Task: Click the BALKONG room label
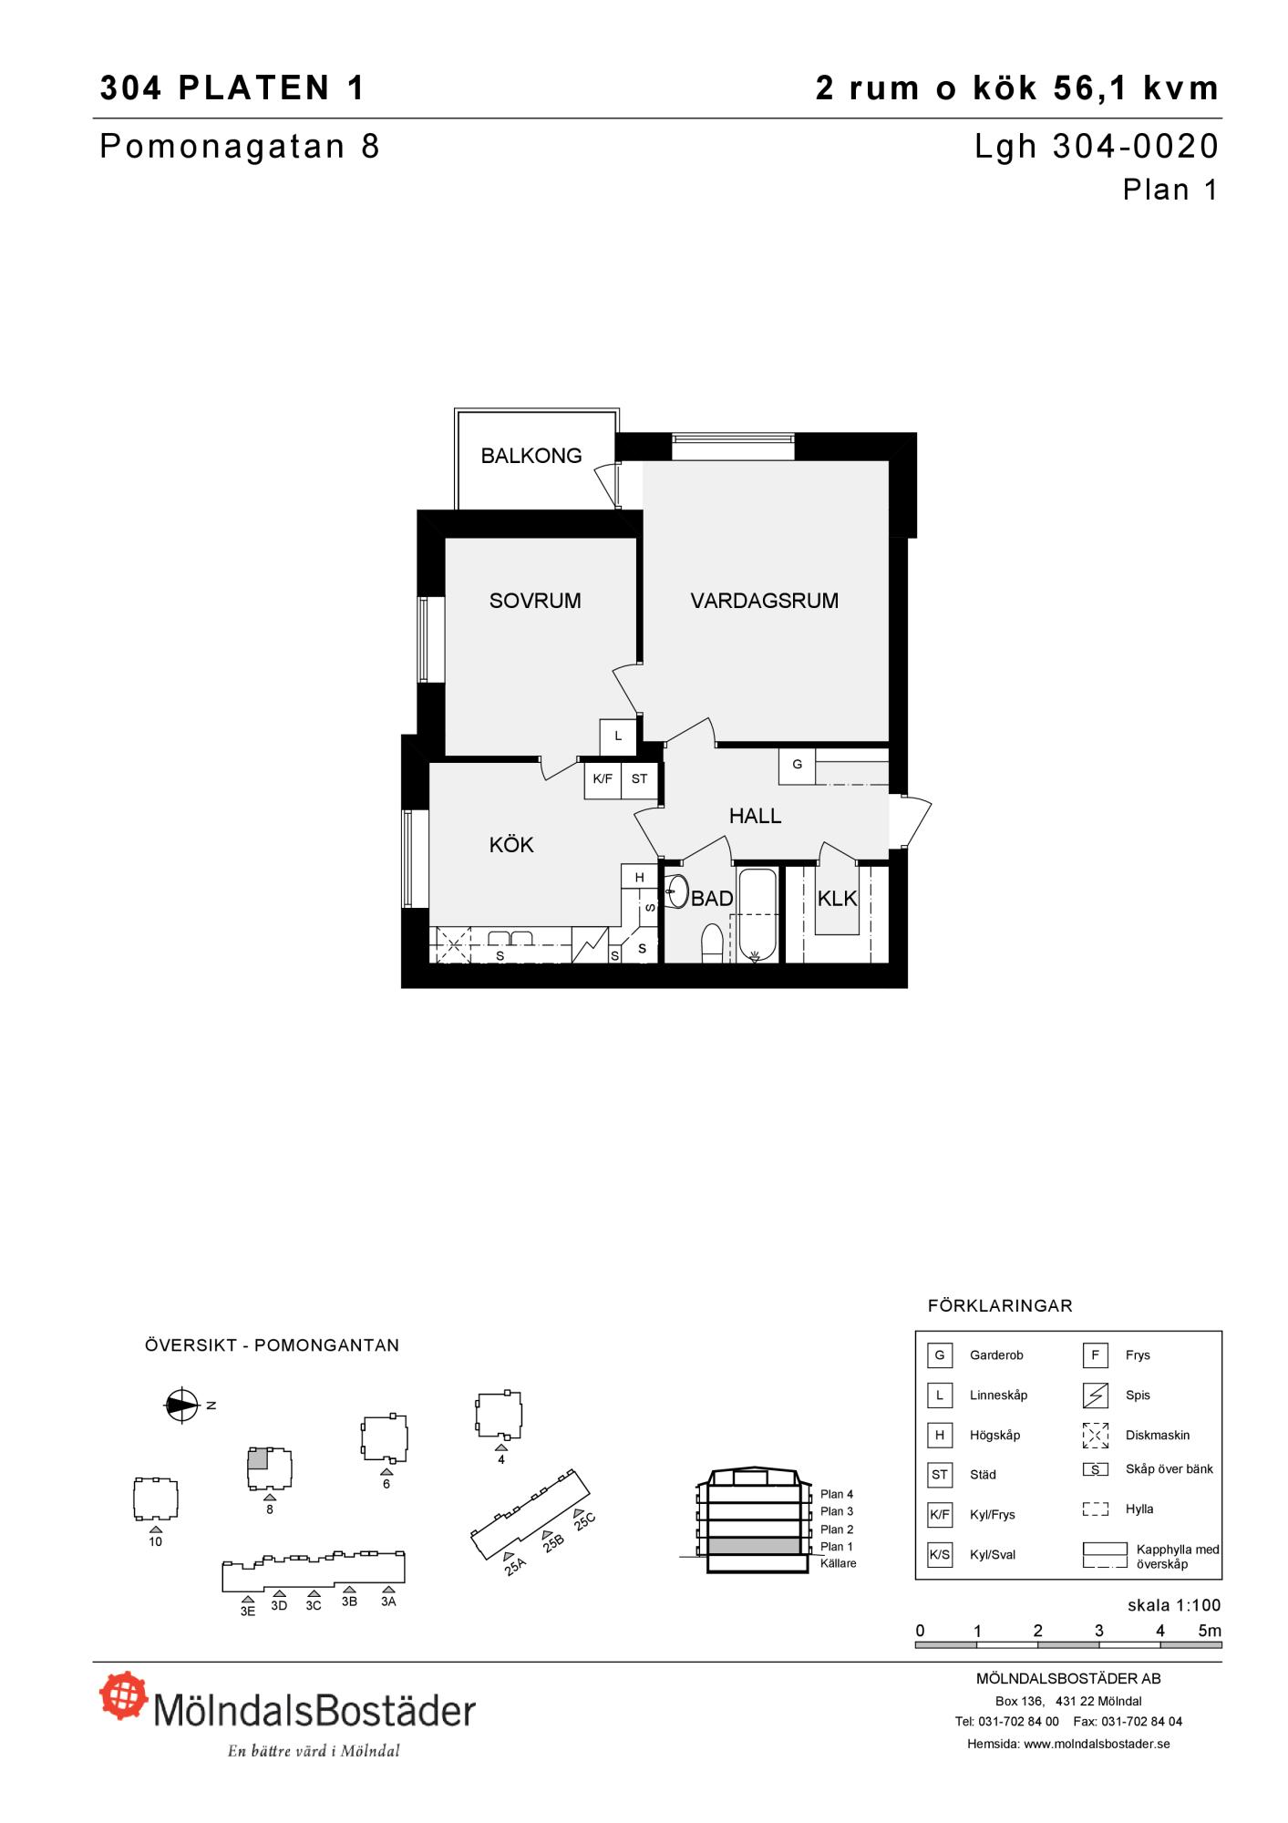531,456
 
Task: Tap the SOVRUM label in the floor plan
535,601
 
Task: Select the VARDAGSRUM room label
765,601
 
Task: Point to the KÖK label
511,844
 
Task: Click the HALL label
756,816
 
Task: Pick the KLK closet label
837,899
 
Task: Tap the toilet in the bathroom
712,943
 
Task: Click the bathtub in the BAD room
757,914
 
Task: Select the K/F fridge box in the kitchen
603,780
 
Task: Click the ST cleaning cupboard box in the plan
639,780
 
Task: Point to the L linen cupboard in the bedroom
618,737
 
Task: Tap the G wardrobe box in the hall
798,766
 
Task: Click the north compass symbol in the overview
181,1405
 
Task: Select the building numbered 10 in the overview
155,1499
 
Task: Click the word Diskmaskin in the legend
1158,1435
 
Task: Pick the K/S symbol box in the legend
940,1554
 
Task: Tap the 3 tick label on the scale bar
1099,1631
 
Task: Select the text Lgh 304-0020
1097,147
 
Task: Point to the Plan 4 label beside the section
837,1494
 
